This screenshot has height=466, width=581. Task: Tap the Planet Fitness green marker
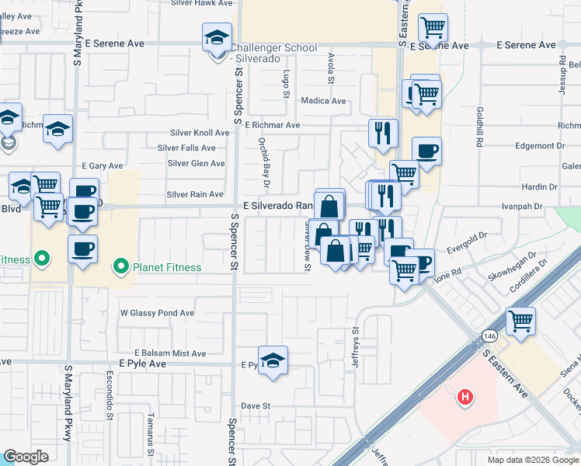coord(120,267)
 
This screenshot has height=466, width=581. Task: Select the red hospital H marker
coord(465,398)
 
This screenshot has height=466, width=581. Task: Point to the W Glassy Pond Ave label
coord(157,313)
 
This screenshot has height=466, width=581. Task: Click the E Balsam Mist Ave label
coord(169,353)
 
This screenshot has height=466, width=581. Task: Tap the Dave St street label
coord(255,405)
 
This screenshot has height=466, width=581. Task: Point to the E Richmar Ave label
coord(272,124)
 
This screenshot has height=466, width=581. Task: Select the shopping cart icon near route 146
coord(521,320)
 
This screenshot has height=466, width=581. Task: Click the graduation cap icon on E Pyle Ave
coord(273,360)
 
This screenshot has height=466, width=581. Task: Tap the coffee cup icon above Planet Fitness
coord(82,249)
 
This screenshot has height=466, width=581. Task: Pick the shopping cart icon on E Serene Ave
coord(433,28)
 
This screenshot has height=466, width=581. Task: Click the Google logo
coord(26,457)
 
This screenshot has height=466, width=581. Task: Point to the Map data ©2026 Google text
coord(532,460)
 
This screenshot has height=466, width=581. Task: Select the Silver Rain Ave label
coord(195,194)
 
